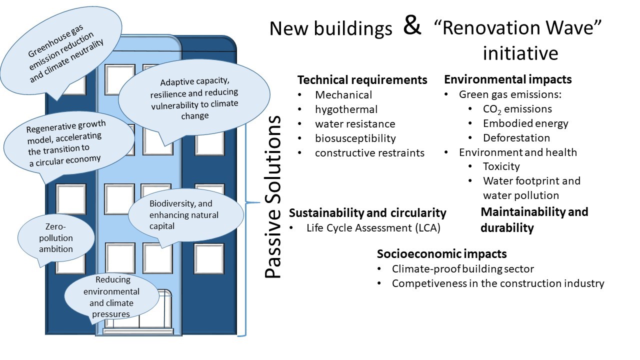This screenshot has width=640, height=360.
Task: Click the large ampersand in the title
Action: (x=412, y=26)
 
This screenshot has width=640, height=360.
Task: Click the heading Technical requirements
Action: (x=362, y=80)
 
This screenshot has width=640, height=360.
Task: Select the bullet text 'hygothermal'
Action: (x=346, y=109)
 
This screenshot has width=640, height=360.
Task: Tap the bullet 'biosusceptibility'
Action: (x=355, y=138)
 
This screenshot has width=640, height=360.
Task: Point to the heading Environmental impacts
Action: (x=507, y=79)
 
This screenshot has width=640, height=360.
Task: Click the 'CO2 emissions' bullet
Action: (x=517, y=109)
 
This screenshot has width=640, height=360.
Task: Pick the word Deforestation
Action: (x=516, y=137)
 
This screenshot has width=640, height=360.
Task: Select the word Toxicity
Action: (x=501, y=166)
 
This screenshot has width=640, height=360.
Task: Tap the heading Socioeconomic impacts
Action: (x=441, y=253)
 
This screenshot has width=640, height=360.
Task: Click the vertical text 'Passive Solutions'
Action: (x=273, y=197)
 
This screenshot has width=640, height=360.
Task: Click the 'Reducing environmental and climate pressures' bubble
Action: (x=112, y=297)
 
